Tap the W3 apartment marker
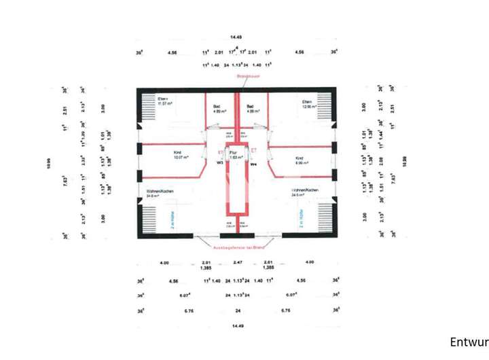[x=221, y=164]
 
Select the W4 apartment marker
[x=253, y=164]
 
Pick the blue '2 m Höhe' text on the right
[x=299, y=219]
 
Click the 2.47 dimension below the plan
[x=237, y=262]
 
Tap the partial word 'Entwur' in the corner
[x=469, y=341]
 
